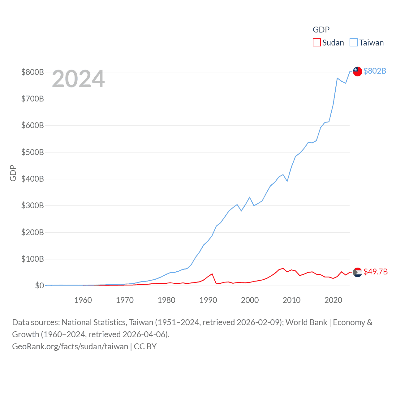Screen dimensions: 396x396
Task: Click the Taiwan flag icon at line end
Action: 357,71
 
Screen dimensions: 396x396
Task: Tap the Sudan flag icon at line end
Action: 357,272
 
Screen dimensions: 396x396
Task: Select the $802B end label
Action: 375,71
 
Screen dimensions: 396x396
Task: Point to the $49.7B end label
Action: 375,272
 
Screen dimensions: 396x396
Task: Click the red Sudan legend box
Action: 316,42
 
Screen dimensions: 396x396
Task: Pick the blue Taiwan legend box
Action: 353,42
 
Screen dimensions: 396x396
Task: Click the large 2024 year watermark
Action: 78,79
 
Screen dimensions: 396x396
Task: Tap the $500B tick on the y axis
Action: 32,152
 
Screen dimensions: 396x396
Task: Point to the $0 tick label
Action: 39,286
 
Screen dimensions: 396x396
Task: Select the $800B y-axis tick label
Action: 32,72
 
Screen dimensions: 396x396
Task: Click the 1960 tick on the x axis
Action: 83,300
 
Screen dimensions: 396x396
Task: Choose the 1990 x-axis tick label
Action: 208,300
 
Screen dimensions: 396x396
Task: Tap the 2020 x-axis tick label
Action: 333,300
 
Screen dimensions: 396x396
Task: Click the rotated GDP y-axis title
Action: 13,173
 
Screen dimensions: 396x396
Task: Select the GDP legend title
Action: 321,30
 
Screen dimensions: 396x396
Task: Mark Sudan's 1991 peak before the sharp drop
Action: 212,274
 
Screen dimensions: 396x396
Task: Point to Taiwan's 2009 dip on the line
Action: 287,181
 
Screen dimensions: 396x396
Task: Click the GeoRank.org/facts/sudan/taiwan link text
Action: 70,346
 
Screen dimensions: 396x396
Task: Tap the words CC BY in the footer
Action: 145,346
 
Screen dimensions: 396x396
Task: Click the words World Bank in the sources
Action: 306,322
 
